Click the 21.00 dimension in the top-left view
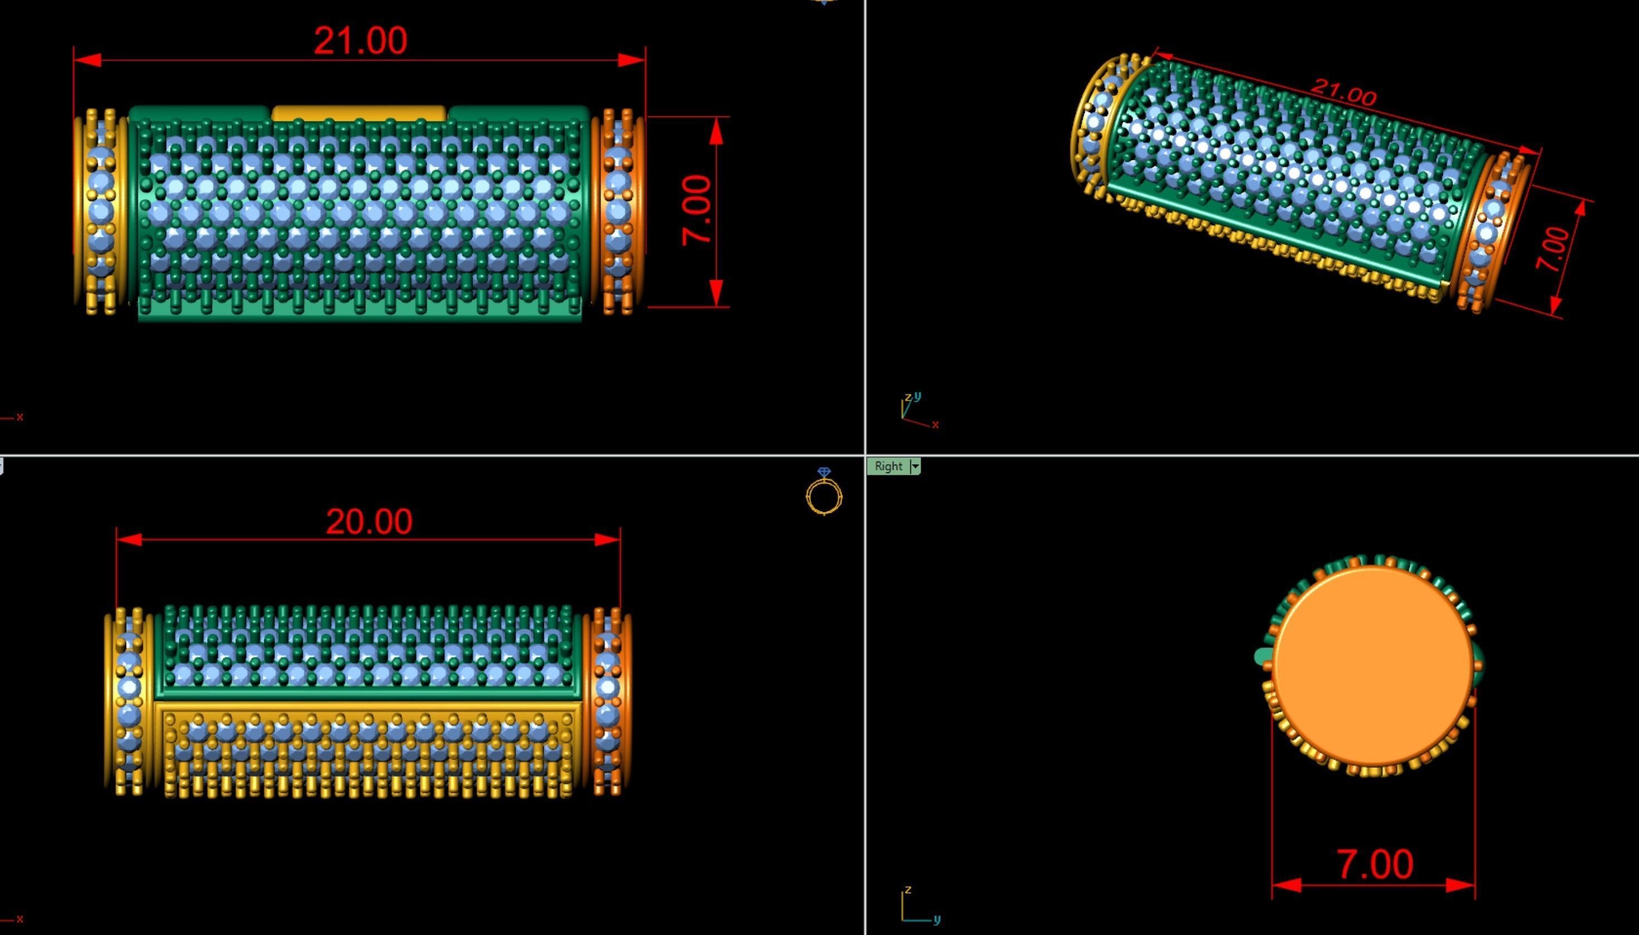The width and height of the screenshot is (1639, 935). [x=360, y=41]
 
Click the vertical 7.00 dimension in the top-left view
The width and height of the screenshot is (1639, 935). [x=697, y=210]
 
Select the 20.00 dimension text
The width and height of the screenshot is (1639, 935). [x=369, y=522]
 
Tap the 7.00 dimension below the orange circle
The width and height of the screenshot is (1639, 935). [x=1374, y=864]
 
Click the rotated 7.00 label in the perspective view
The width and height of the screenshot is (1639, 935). [x=1554, y=249]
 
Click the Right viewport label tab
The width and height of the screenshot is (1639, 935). [x=888, y=467]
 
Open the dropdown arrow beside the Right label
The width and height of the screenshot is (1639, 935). [x=916, y=467]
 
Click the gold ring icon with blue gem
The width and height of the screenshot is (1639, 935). [x=824, y=492]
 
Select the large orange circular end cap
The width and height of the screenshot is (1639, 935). [x=1373, y=668]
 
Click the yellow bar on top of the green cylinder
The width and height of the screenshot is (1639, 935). [x=359, y=114]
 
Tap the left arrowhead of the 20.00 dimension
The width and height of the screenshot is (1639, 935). [x=128, y=539]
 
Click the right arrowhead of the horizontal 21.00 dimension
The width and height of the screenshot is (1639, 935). [x=632, y=60]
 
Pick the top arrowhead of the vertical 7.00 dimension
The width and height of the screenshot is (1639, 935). [x=717, y=131]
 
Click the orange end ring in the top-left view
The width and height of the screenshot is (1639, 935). [x=618, y=212]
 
